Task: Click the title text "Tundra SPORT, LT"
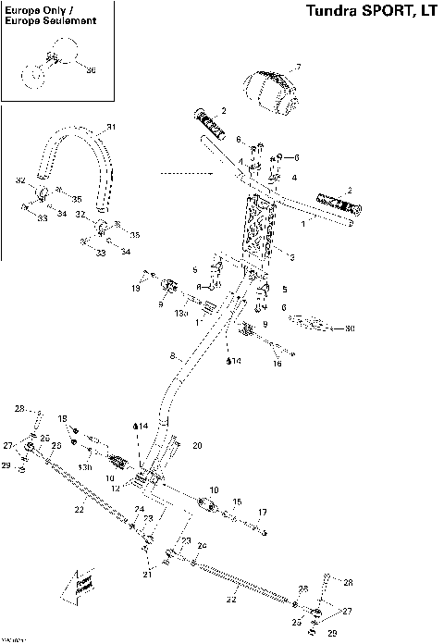369,11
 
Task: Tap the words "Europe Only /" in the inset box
40,10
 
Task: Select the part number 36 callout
91,69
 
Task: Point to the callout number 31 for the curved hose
111,127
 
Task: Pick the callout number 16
276,364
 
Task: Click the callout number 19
136,289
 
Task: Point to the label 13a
181,314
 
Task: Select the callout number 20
197,445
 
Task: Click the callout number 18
63,419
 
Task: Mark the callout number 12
116,487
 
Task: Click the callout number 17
263,512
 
